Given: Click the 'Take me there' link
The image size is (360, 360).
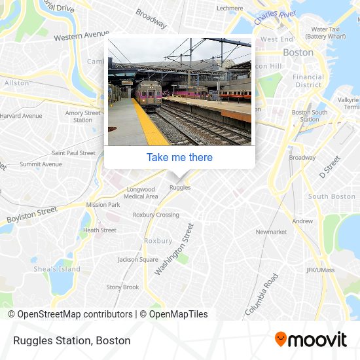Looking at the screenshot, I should [179, 157].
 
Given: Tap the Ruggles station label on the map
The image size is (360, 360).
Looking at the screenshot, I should [180, 187].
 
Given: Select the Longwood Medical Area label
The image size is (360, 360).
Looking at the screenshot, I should [141, 193].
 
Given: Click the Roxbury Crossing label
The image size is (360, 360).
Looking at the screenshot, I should [156, 215].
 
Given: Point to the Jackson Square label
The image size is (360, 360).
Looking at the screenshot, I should [137, 259].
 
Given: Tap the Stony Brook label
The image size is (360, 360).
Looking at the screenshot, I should [122, 287].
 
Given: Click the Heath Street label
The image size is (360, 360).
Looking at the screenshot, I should [99, 230].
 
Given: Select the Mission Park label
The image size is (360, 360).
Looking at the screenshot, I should [103, 204].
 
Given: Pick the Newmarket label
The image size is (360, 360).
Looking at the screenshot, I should [271, 232].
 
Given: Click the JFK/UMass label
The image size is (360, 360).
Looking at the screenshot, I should [320, 270].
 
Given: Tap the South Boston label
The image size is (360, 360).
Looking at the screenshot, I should [331, 196].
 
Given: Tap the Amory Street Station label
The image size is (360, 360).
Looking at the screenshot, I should [83, 117].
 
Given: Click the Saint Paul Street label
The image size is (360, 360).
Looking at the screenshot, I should [73, 153].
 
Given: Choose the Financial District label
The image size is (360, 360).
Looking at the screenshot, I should [308, 81].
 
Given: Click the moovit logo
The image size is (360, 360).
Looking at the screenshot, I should [310, 339].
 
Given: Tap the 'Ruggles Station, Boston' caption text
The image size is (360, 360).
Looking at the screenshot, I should [71, 340].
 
